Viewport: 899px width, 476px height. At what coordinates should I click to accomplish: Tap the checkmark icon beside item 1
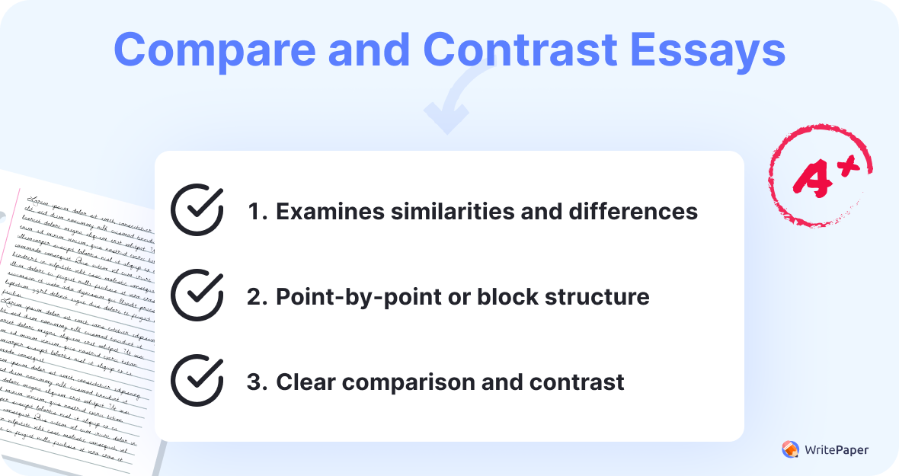197,209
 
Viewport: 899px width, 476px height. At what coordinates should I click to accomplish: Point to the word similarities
447,212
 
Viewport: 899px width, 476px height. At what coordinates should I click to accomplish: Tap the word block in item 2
504,296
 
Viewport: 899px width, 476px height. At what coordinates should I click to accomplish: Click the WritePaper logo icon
791,449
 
